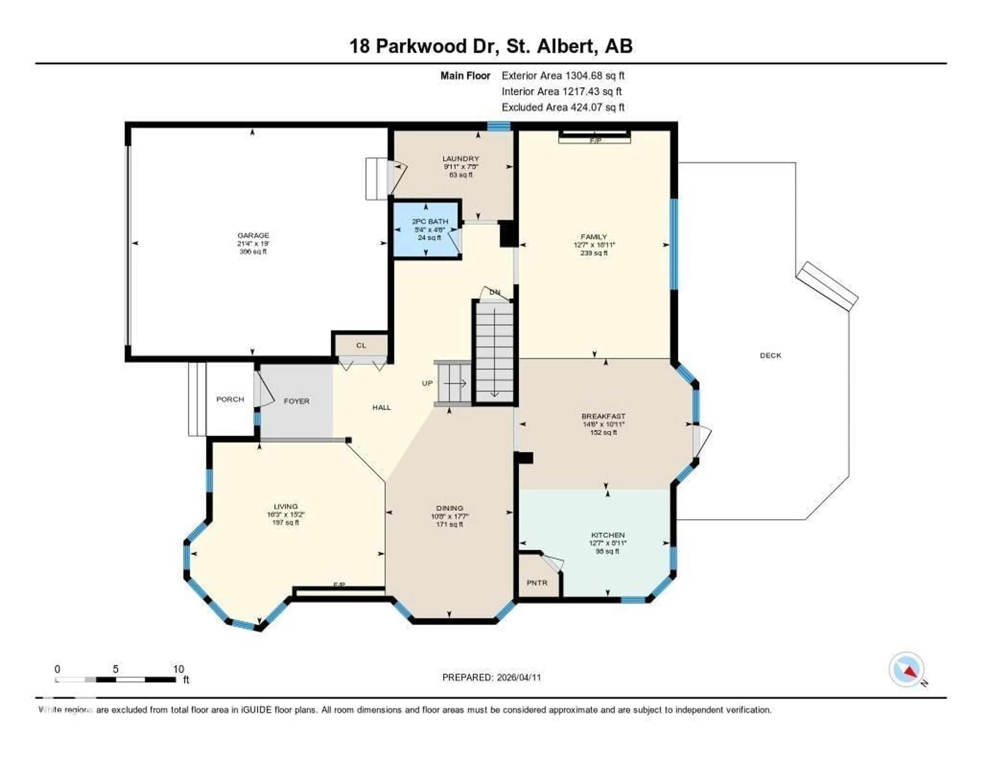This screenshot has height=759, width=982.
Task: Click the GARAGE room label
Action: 253,235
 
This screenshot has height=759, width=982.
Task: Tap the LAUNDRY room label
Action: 460,158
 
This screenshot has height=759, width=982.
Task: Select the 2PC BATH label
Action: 430,221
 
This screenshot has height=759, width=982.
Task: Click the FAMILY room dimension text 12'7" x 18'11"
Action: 594,245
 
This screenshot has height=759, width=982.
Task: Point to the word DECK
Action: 770,355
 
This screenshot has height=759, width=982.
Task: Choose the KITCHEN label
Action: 607,535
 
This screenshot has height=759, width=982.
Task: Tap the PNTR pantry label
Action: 537,583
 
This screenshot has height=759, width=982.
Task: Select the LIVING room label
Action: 285,506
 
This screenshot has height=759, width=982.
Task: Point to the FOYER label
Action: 296,401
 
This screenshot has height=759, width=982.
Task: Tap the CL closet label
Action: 361,345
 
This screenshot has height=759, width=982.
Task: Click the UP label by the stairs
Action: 427,383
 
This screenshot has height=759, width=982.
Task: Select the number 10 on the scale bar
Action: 178,669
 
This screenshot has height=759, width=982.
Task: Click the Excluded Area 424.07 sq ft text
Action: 563,107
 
